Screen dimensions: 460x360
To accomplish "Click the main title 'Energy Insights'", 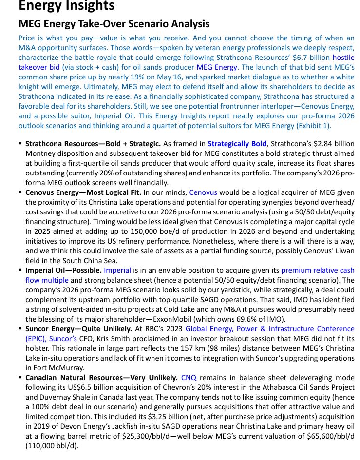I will pyautogui.click(x=66, y=6).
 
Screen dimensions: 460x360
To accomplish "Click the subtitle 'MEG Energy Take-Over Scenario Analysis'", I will pyautogui.click(x=114, y=24).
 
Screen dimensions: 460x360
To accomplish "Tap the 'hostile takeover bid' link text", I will pyautogui.click(x=39, y=67).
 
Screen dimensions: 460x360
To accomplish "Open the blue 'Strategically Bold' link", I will pyautogui.click(x=237, y=144).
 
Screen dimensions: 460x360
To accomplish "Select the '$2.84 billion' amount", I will pyautogui.click(x=333, y=144).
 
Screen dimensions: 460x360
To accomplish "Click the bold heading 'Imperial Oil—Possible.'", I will pyautogui.click(x=63, y=270).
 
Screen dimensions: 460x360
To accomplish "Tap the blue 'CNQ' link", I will pyautogui.click(x=189, y=378).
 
